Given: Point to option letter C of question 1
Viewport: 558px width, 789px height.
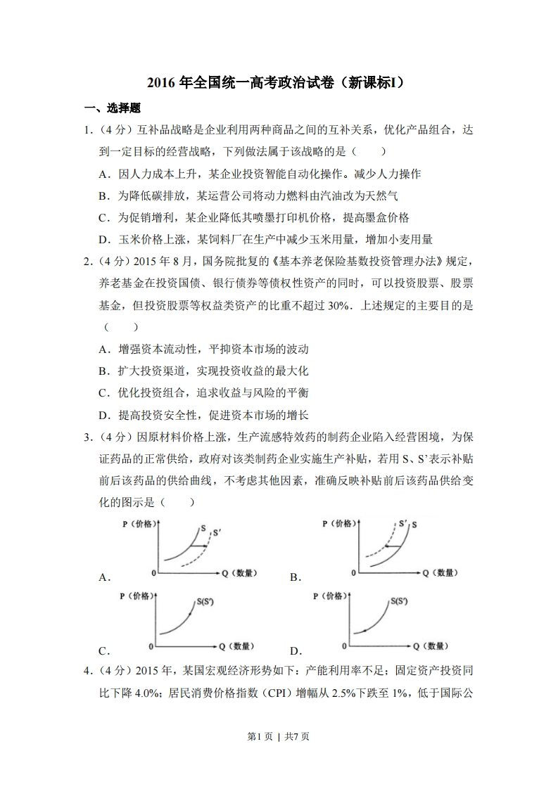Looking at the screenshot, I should tap(103, 217).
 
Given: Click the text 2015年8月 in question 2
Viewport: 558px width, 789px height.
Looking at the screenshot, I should tap(160, 262).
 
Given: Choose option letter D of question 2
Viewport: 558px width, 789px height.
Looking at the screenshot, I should tap(103, 414).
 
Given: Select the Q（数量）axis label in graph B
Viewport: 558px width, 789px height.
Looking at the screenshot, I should tap(440, 572).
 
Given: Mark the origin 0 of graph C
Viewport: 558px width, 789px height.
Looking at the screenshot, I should tap(151, 645).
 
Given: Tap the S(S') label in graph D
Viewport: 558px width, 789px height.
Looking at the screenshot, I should tap(405, 601).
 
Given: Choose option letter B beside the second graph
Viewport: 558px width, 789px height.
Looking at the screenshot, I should tap(295, 577).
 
